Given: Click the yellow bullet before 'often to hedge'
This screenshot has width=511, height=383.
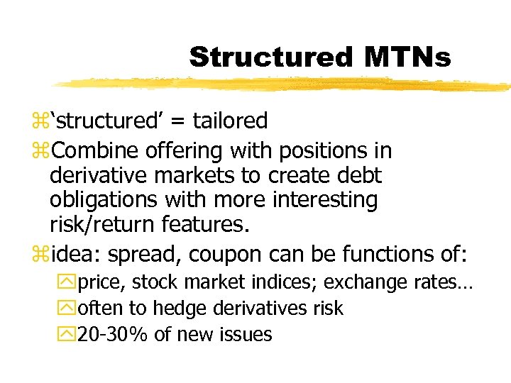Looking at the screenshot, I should (x=69, y=309).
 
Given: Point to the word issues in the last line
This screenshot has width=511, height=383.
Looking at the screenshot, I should (x=248, y=334).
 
